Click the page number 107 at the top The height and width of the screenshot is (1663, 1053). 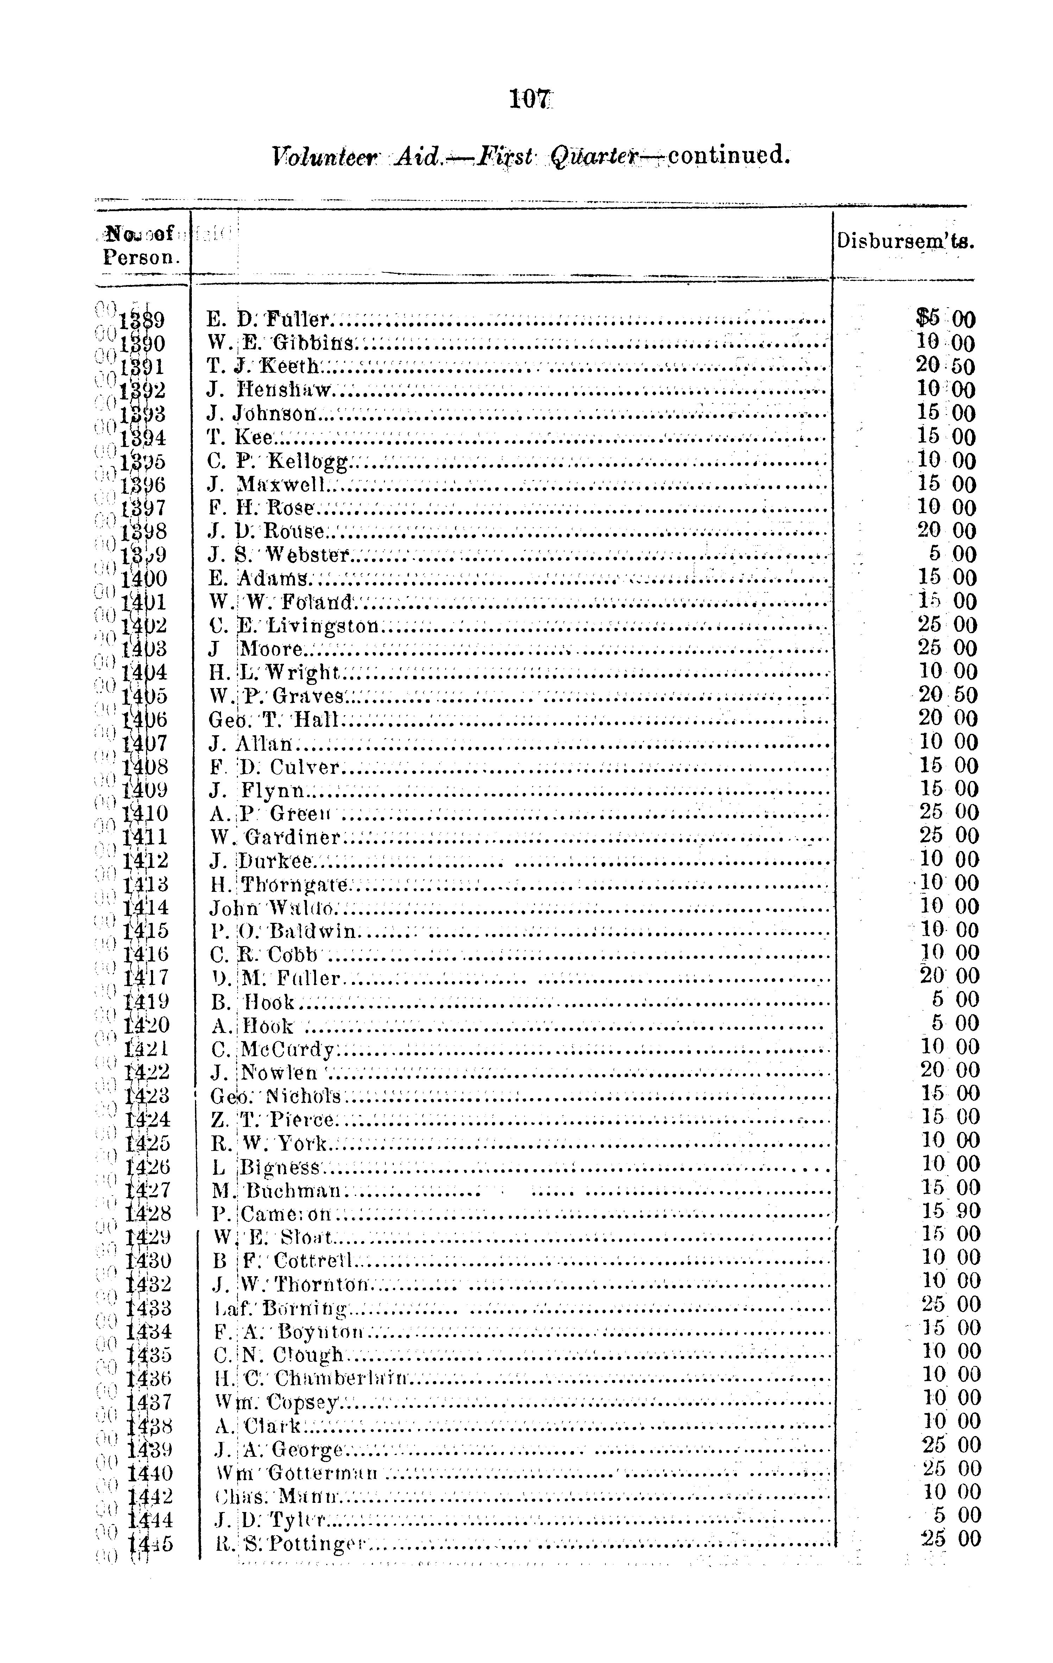pyautogui.click(x=530, y=100)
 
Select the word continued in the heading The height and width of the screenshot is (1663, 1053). pyautogui.click(x=728, y=155)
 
